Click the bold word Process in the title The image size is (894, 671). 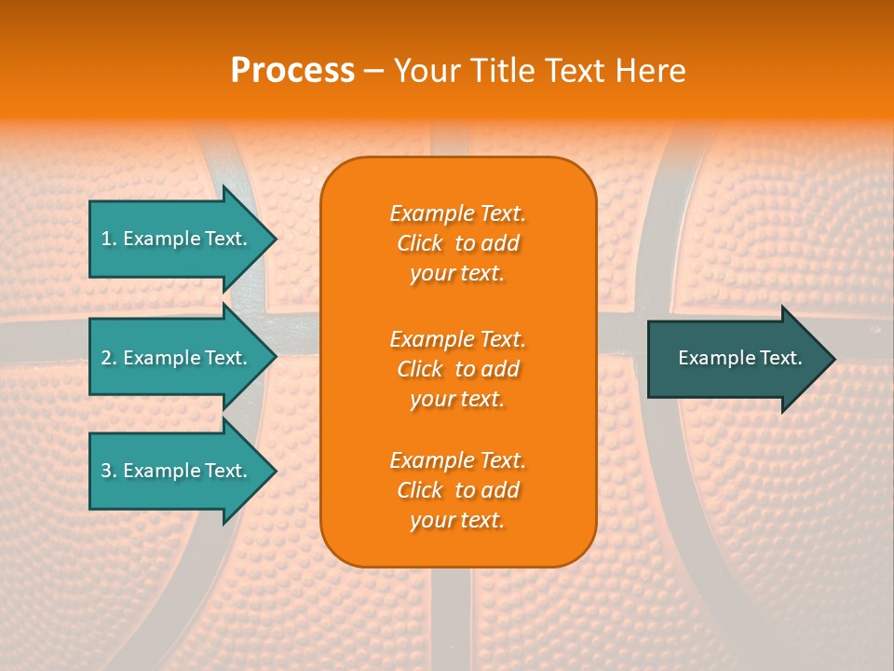click(x=292, y=71)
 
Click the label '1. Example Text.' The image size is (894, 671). click(x=173, y=239)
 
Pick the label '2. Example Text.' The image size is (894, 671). click(x=173, y=358)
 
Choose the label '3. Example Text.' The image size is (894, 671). click(x=173, y=471)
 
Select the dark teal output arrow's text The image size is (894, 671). click(x=739, y=358)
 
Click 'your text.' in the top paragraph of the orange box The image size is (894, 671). click(x=457, y=274)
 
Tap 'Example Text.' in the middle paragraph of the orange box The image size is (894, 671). click(x=457, y=339)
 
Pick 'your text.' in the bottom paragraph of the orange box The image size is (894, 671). click(x=457, y=521)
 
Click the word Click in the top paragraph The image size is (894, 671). click(x=420, y=244)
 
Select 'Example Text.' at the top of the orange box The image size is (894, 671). click(x=457, y=213)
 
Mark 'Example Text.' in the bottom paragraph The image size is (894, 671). click(x=457, y=460)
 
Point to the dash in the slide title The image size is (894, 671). click(x=374, y=71)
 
